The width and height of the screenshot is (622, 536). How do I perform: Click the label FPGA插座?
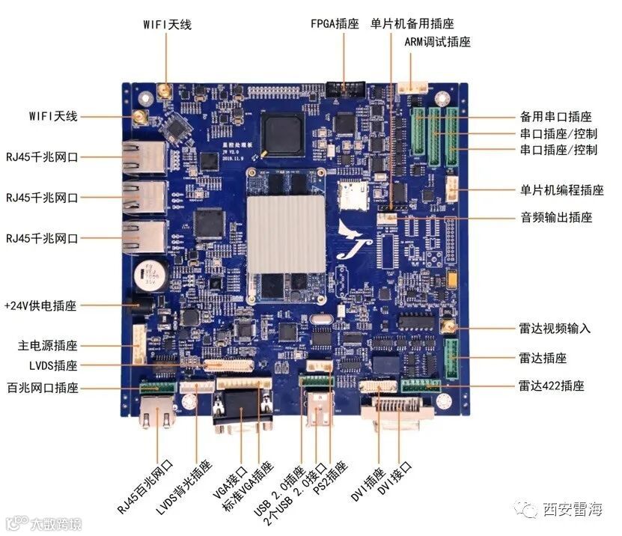[337, 23]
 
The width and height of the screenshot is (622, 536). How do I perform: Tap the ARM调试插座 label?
[437, 42]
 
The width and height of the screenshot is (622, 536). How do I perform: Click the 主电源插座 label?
[48, 346]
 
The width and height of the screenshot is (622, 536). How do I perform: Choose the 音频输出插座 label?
[556, 218]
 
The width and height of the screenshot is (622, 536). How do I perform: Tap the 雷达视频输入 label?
[555, 329]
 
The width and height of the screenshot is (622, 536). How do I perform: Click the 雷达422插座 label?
[551, 386]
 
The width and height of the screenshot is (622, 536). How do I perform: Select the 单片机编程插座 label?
[561, 191]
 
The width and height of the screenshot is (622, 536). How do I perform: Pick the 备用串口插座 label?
[555, 117]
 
